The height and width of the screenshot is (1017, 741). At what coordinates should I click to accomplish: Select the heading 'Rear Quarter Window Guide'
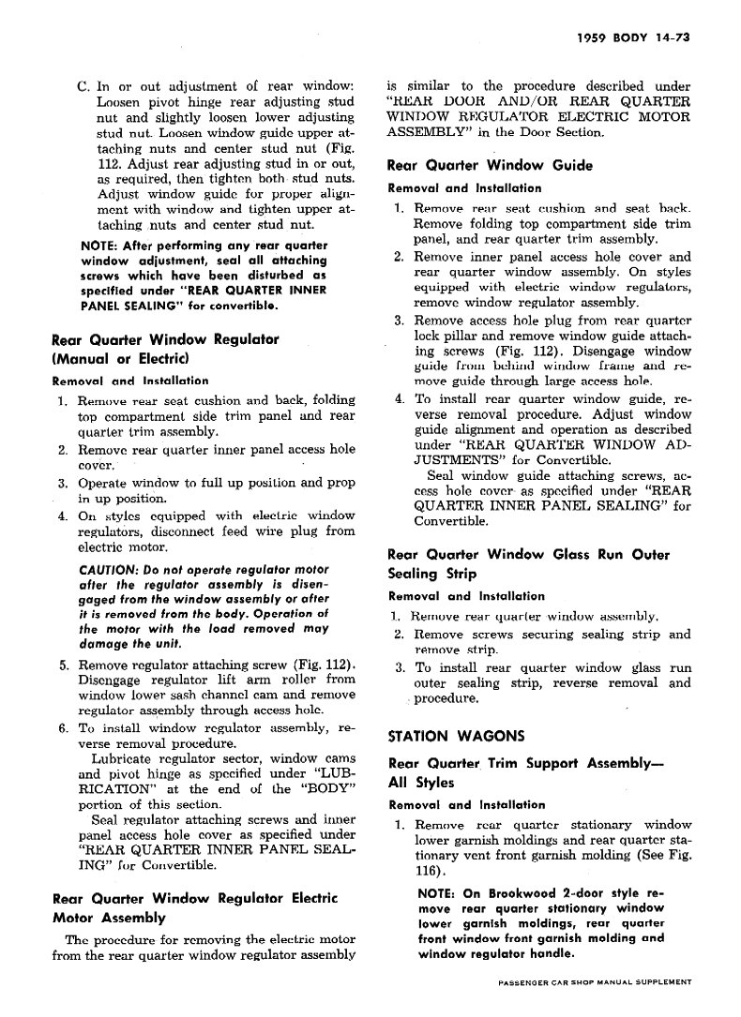point(490,166)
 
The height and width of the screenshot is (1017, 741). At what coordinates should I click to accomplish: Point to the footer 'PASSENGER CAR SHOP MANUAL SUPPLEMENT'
point(596,982)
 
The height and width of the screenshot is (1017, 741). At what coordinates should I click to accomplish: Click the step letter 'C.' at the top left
point(83,87)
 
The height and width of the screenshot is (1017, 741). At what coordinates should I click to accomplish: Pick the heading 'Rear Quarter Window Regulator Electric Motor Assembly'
point(194,908)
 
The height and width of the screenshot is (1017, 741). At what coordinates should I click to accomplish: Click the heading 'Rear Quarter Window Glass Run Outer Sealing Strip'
point(528,564)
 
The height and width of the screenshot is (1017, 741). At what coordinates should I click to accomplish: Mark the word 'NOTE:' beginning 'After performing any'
point(99,247)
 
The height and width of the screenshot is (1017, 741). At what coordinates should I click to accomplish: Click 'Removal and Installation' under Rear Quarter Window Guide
point(465,188)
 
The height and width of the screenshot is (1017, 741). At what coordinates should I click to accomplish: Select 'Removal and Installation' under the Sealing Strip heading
point(465,596)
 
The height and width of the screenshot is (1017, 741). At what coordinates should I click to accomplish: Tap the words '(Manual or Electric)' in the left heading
point(121,359)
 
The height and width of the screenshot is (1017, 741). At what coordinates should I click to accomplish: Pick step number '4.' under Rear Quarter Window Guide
point(398,399)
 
